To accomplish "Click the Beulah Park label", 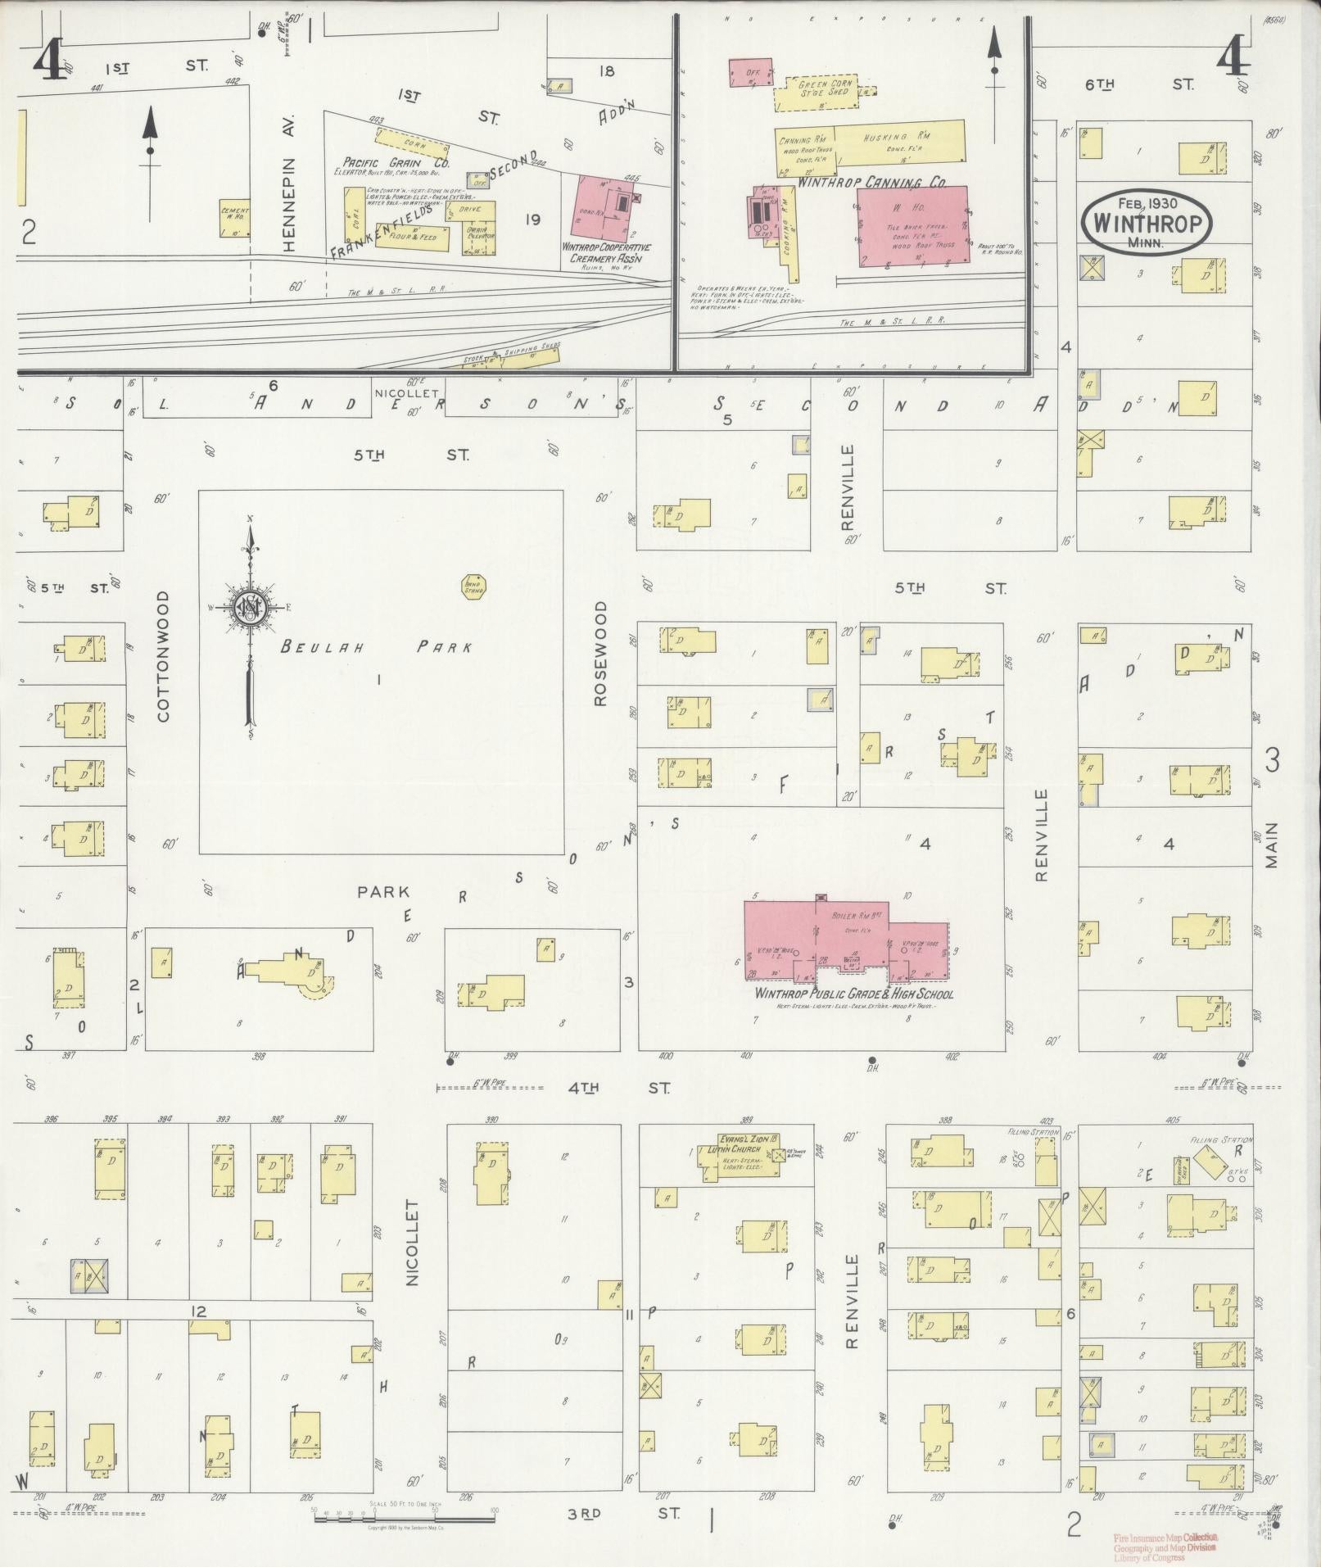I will pyautogui.click(x=377, y=647).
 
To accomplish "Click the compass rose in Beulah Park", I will pyautogui.click(x=249, y=607).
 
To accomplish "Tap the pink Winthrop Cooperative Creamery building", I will pyautogui.click(x=611, y=209).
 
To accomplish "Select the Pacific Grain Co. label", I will pyautogui.click(x=378, y=162).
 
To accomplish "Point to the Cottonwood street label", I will pyautogui.click(x=163, y=657).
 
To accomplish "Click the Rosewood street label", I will pyautogui.click(x=602, y=654).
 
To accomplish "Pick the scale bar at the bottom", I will pyautogui.click(x=405, y=1515).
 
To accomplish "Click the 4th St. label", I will pyautogui.click(x=618, y=1089).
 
